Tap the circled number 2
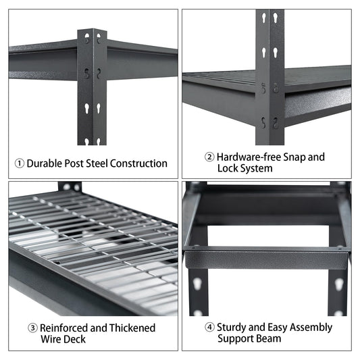[209, 157]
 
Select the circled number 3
[32, 328]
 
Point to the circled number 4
[209, 328]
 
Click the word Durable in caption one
[47, 163]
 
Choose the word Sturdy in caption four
[234, 328]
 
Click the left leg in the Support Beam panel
[199, 284]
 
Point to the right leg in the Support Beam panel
[338, 284]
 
